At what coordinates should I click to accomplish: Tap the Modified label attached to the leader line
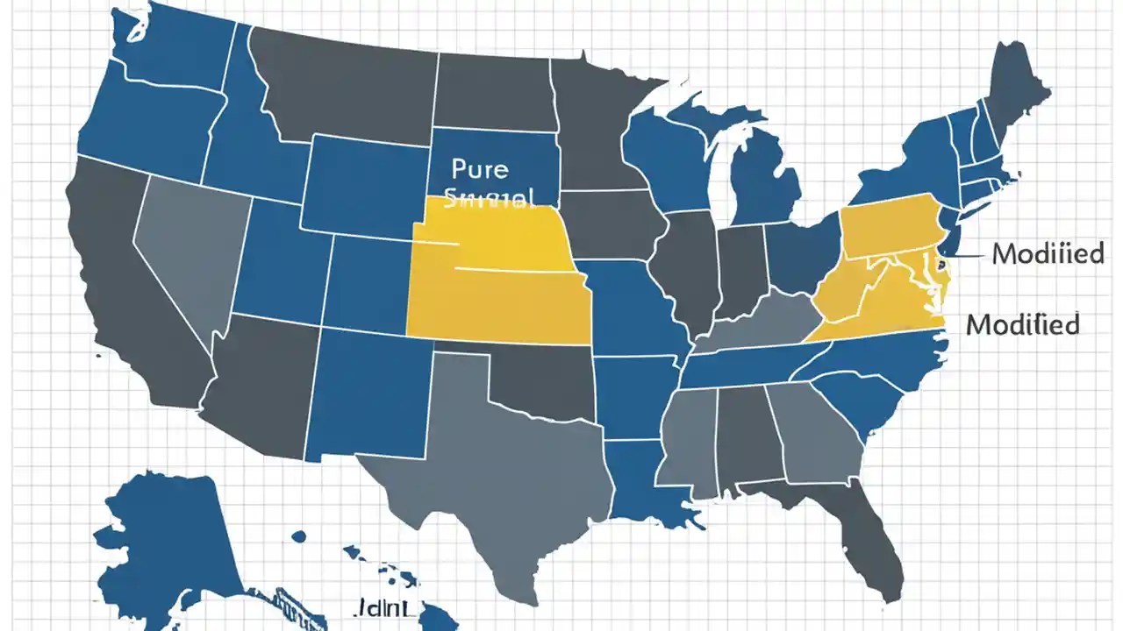pyautogui.click(x=1048, y=255)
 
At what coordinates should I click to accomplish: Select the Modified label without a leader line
pyautogui.click(x=1022, y=325)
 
